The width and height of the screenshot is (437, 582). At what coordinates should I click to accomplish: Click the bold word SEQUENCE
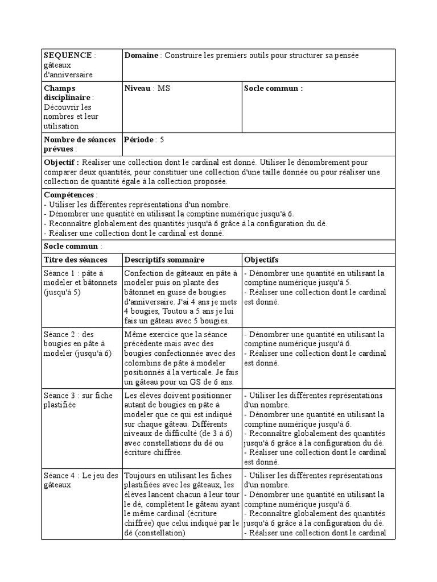click(x=68, y=55)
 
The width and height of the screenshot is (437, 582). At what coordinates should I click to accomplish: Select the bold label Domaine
click(x=142, y=55)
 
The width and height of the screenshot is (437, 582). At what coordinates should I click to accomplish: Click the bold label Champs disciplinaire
click(x=67, y=93)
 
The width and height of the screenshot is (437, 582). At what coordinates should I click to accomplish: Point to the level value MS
click(x=164, y=88)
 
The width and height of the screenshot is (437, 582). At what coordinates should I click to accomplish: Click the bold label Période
click(x=139, y=139)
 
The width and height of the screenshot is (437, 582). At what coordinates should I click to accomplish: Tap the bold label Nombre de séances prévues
click(x=79, y=144)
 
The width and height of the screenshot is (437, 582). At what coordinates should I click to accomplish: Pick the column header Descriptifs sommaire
click(x=164, y=259)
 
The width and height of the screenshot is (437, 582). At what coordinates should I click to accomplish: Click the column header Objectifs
click(x=261, y=259)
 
